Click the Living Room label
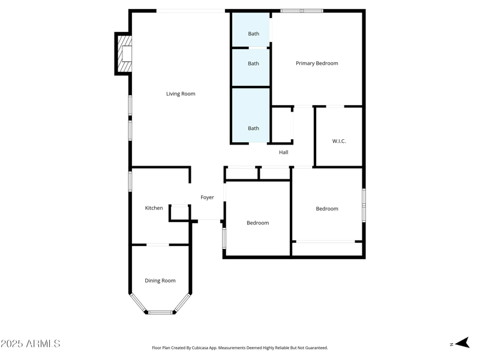click(181, 94)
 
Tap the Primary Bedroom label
click(317, 63)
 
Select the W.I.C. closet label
click(339, 141)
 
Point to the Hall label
click(284, 152)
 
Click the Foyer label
click(207, 197)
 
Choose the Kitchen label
click(154, 208)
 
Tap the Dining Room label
click(160, 281)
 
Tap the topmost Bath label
click(254, 34)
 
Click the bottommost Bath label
click(254, 128)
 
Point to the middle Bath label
click(254, 64)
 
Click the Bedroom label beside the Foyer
click(258, 223)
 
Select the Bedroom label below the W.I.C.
click(327, 209)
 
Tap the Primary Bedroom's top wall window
click(302, 11)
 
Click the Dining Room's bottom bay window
click(160, 312)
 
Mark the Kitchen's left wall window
click(130, 181)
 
